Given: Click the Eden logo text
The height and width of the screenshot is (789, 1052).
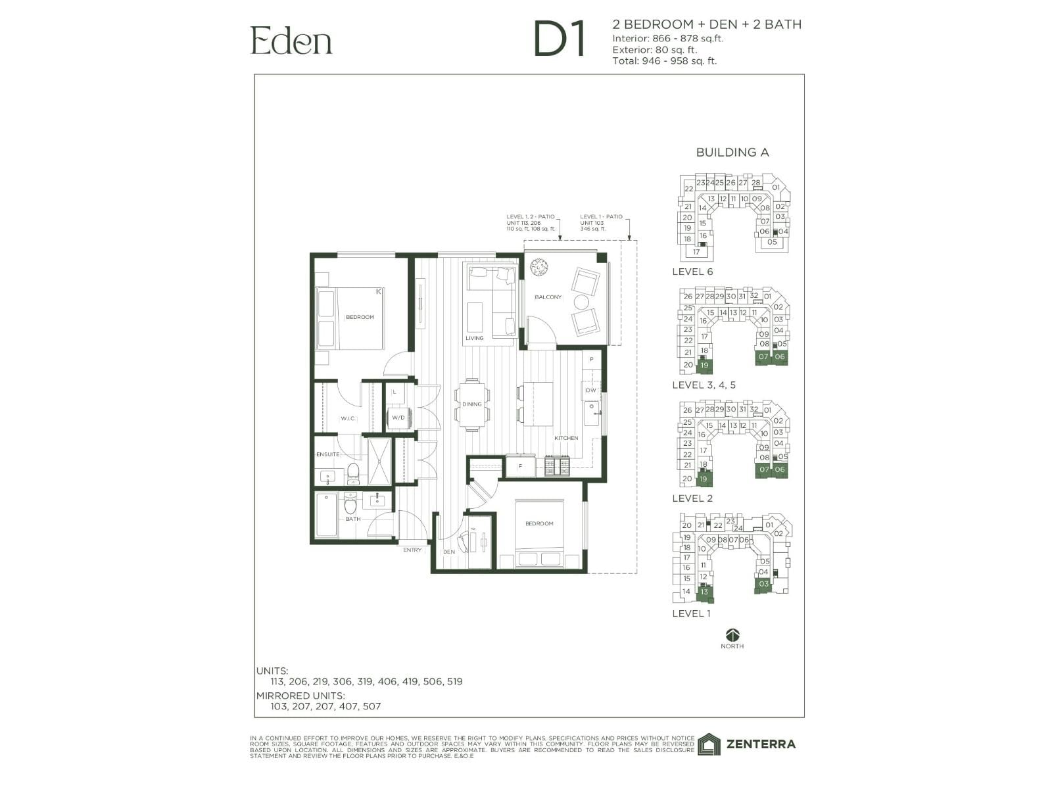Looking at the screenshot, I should [291, 41].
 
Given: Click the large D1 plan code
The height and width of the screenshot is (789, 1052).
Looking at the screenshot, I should [559, 39].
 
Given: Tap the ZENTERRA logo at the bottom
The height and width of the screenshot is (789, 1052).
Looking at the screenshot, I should [747, 744].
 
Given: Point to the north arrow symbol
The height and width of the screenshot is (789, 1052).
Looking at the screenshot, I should [732, 634].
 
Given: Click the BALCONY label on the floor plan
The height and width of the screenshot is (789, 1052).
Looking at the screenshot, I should [548, 297].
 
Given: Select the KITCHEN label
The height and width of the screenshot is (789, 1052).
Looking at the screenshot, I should [566, 438].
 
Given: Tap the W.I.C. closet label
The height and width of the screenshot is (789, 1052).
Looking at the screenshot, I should [347, 418].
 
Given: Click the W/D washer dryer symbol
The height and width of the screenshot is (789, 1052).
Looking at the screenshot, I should [398, 417].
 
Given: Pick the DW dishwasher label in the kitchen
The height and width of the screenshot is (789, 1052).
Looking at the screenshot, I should [590, 391].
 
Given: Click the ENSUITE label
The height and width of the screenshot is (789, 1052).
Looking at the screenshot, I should [328, 454].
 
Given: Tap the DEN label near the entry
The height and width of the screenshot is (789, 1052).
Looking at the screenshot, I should [449, 552].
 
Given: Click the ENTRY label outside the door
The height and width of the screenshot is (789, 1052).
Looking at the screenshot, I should [412, 550].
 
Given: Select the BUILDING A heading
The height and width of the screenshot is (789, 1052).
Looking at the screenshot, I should [732, 153].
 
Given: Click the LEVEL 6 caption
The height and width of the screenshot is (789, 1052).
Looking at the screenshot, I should [692, 272].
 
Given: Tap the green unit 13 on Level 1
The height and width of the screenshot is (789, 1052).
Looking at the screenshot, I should [704, 592].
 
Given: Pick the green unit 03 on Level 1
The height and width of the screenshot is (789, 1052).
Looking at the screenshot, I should [763, 584].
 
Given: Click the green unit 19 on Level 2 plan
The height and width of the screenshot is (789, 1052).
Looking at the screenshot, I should [704, 479].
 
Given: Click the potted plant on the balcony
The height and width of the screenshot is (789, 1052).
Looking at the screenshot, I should [539, 267].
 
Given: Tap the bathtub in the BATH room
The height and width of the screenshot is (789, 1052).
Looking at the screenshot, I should [325, 515].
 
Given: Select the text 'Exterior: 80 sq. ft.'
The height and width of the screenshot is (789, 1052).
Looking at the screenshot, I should [654, 49].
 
